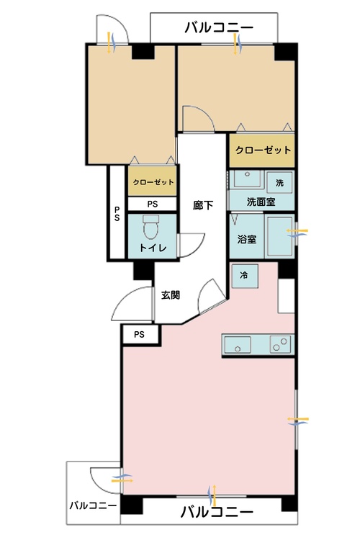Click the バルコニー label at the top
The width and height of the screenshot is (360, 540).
click(x=219, y=28)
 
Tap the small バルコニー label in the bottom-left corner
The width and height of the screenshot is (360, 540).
click(x=93, y=505)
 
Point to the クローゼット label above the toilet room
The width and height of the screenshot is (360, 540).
click(x=153, y=182)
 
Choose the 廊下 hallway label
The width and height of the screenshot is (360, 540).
click(x=202, y=204)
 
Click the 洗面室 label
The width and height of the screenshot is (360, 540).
click(x=261, y=202)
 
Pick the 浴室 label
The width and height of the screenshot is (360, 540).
click(x=247, y=239)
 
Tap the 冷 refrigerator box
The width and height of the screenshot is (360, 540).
click(x=245, y=275)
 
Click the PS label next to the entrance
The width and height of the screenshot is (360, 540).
click(x=139, y=335)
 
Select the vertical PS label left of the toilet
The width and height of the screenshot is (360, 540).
click(x=116, y=214)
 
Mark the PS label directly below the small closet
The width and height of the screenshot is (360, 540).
click(x=153, y=204)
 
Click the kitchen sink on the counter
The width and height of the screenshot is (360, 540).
click(x=237, y=346)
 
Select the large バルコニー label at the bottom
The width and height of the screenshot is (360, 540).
click(x=216, y=513)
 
